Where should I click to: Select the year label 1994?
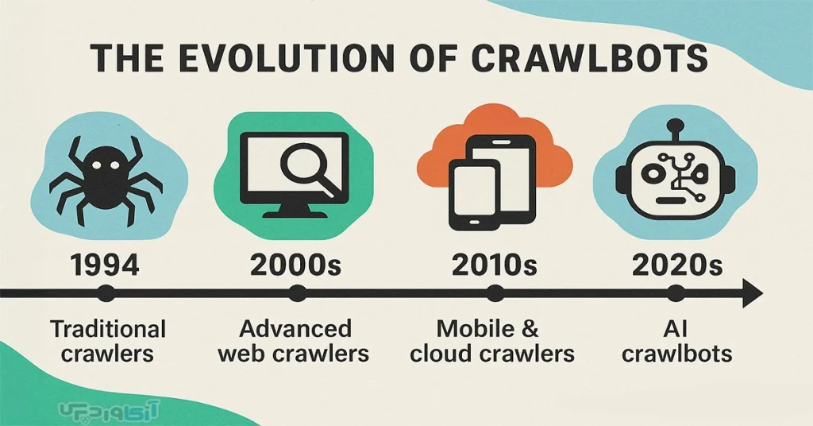(x=105, y=265)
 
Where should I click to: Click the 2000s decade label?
(x=295, y=265)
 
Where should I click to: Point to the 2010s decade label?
(x=494, y=265)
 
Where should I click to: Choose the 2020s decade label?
(x=677, y=265)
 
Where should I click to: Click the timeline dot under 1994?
(x=106, y=294)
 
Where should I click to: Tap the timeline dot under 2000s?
(x=297, y=294)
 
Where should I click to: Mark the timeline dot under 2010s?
(x=495, y=294)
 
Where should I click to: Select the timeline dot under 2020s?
(x=675, y=294)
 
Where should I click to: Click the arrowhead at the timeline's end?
(x=753, y=294)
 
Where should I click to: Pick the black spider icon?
(x=106, y=179)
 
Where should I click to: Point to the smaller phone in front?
(x=475, y=195)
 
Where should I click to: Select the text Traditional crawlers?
(x=107, y=341)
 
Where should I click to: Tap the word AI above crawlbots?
(x=676, y=329)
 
